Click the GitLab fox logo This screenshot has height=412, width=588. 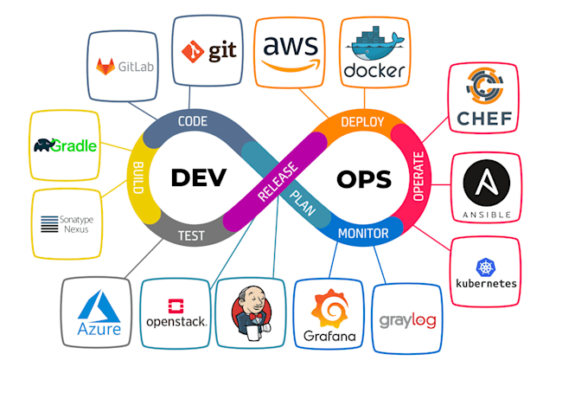pyautogui.click(x=107, y=65)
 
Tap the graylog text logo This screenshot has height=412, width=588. pyautogui.click(x=406, y=319)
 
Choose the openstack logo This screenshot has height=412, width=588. pyautogui.click(x=176, y=312)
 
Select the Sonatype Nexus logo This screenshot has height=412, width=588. pyautogui.click(x=67, y=224)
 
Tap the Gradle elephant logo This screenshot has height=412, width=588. pyautogui.click(x=66, y=145)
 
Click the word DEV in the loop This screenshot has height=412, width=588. pyautogui.click(x=197, y=177)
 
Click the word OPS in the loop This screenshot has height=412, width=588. pyautogui.click(x=362, y=179)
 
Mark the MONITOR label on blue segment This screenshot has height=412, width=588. pyautogui.click(x=356, y=232)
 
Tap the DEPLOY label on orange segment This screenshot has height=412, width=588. pyautogui.click(x=361, y=123)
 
